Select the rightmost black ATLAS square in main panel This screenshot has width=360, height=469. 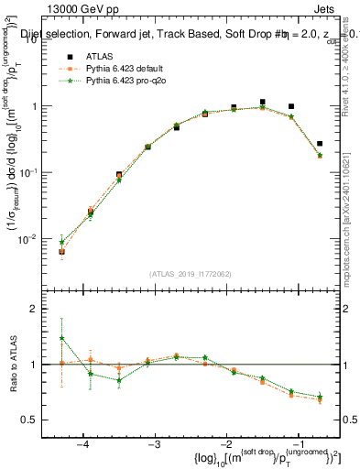[320, 144]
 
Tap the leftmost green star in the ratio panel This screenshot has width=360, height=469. [61, 338]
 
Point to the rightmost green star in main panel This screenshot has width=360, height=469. [320, 156]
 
